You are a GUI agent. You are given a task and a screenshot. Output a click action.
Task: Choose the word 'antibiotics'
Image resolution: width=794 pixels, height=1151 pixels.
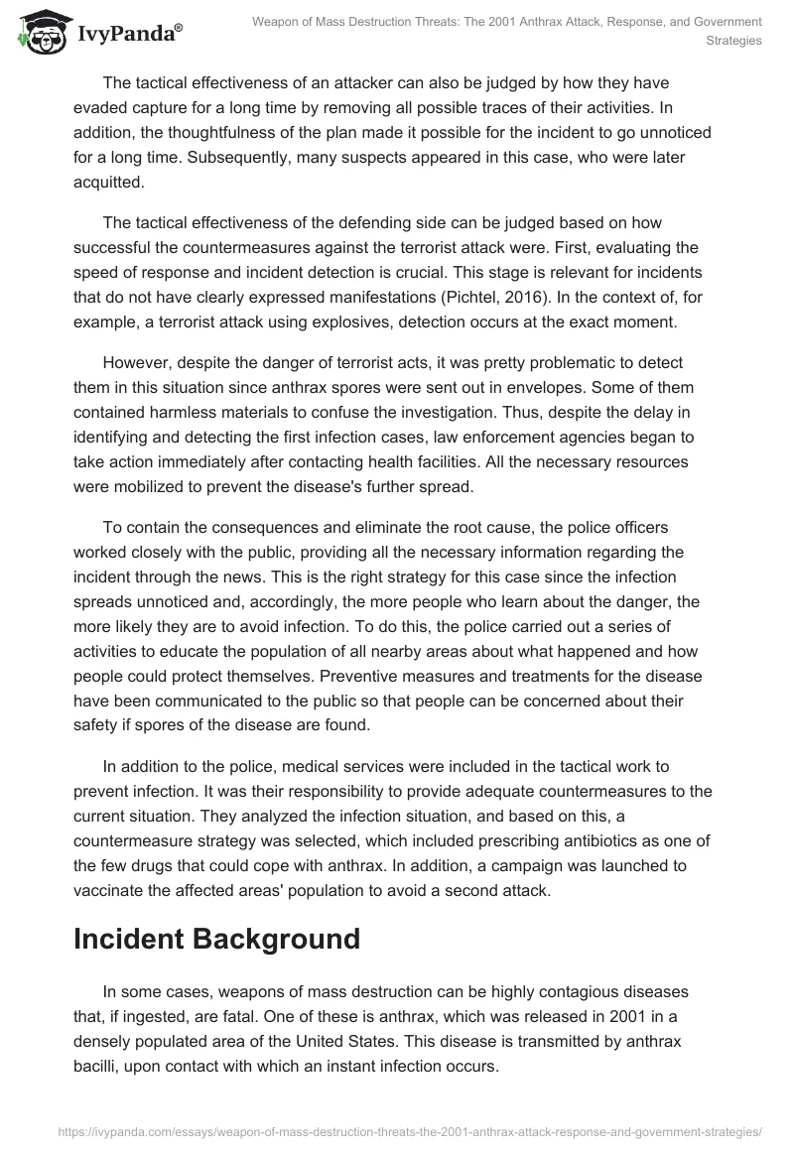tap(604, 841)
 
